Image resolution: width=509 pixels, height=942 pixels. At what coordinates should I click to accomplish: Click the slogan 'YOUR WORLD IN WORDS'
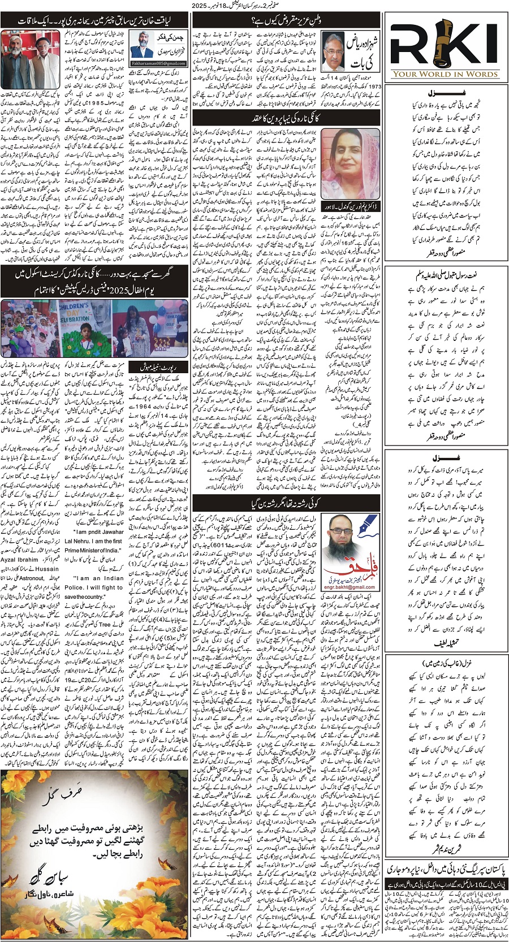[x=446, y=74]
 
